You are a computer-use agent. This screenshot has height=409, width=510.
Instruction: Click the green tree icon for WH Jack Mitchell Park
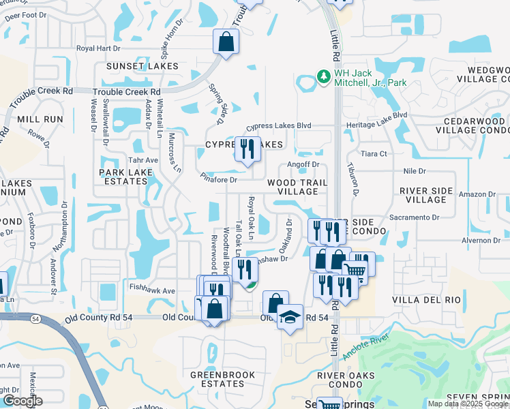[x=323, y=76]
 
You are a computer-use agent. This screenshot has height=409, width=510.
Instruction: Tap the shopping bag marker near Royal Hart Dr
[x=226, y=42]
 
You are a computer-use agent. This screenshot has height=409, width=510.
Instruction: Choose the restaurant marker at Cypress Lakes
[x=247, y=149]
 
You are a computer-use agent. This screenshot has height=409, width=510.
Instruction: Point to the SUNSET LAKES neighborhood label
[x=142, y=66]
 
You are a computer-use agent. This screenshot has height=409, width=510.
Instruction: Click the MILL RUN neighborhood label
[x=40, y=119]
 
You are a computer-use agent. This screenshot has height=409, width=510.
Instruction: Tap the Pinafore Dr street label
[x=219, y=180]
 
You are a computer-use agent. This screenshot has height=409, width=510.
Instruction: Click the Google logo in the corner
[x=22, y=401]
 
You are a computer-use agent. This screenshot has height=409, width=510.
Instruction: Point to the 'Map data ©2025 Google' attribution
[x=467, y=404]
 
